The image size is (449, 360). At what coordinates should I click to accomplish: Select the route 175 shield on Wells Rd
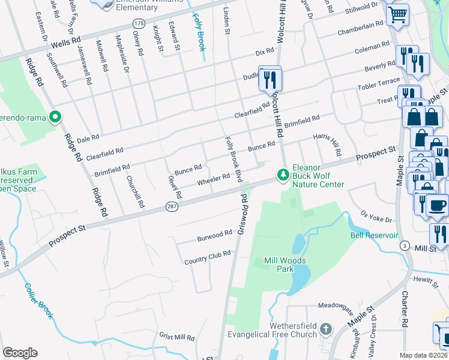[x=139, y=23]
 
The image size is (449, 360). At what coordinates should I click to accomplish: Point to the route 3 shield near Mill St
[x=405, y=246]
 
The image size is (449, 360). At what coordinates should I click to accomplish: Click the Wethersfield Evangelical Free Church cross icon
[x=325, y=329]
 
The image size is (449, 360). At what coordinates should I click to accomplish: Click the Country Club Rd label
[x=208, y=258]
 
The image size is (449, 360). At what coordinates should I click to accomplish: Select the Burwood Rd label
[x=214, y=236]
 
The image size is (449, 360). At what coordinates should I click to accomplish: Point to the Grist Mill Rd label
[x=177, y=337]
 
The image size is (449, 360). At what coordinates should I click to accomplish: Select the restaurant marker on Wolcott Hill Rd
[x=270, y=78]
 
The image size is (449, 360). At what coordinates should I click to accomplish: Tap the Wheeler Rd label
[x=213, y=178]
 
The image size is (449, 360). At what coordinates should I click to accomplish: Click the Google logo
[x=20, y=353]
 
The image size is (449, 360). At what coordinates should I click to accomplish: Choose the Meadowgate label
[x=333, y=305]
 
